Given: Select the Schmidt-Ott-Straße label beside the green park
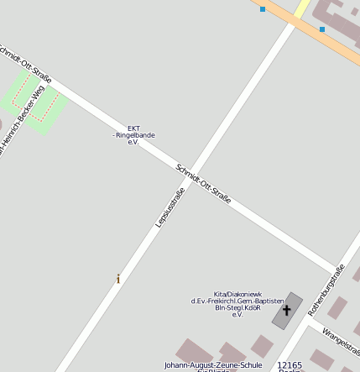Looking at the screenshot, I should tap(25, 63).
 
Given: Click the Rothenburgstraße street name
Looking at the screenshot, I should tap(326, 290).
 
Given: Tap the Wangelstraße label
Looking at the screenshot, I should tap(344, 339).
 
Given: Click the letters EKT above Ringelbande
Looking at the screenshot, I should tap(133, 128).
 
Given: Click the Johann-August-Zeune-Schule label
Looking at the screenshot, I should tap(213, 365).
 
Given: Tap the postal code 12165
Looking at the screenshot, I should tap(290, 365).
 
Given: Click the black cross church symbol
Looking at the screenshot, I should tap(286, 310).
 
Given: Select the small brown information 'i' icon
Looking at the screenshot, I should tap(118, 279).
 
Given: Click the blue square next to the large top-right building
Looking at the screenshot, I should tap(322, 29).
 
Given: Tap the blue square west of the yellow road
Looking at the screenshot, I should tap(263, 9).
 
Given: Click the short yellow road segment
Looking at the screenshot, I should tap(303, 8).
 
